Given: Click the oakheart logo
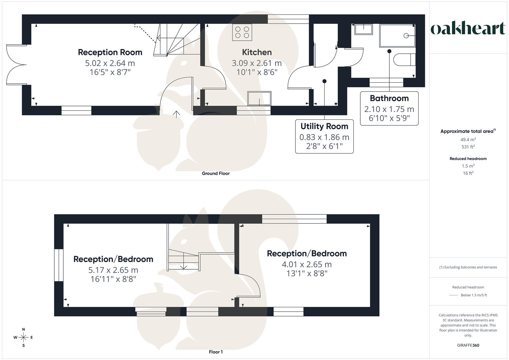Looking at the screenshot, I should pyautogui.click(x=468, y=29).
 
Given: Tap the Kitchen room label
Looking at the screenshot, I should pyautogui.click(x=257, y=52).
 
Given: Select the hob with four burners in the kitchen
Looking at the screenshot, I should pyautogui.click(x=242, y=32).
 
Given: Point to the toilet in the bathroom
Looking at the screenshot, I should pyautogui.click(x=404, y=60).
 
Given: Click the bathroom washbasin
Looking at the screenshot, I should pyautogui.click(x=363, y=29).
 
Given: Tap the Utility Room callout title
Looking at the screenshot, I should pyautogui.click(x=324, y=126).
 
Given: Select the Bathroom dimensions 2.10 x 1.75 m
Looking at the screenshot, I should pyautogui.click(x=389, y=109).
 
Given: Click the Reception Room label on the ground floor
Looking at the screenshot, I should pyautogui.click(x=110, y=52).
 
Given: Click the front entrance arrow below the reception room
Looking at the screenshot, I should pyautogui.click(x=176, y=114).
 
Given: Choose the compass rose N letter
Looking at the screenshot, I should pyautogui.click(x=23, y=329).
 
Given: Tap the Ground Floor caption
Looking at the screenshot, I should pyautogui.click(x=216, y=173).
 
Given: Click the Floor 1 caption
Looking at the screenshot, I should pyautogui.click(x=216, y=352).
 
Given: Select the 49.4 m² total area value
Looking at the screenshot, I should pyautogui.click(x=468, y=140).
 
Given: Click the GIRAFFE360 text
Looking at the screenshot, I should pyautogui.click(x=468, y=345).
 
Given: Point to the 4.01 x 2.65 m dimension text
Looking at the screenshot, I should pyautogui.click(x=307, y=264).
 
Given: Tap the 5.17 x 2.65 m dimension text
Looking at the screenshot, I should pyautogui.click(x=113, y=270).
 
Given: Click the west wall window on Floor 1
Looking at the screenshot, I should pyautogui.click(x=59, y=265).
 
